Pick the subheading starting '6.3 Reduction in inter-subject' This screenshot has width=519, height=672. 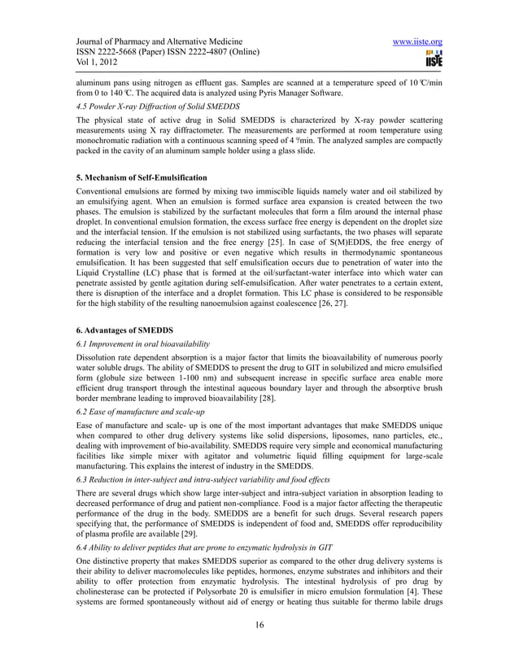pos(203,480)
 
